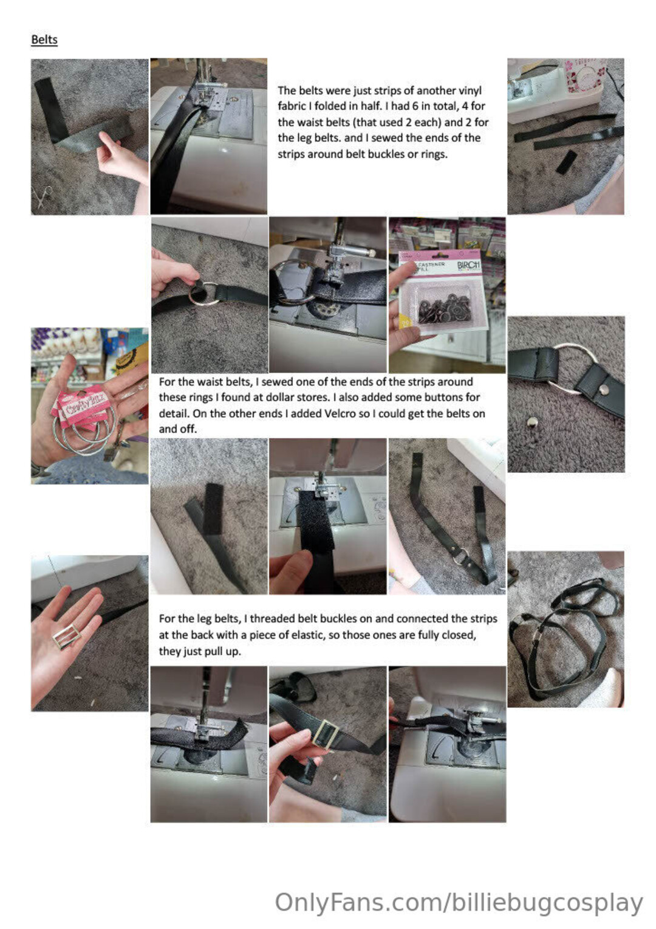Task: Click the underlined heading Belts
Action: click(44, 40)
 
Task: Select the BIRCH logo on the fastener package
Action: click(468, 265)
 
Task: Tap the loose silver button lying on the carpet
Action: click(531, 423)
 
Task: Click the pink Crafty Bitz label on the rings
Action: click(81, 403)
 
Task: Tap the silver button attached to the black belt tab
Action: click(604, 389)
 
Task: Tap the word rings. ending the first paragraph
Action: click(435, 154)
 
